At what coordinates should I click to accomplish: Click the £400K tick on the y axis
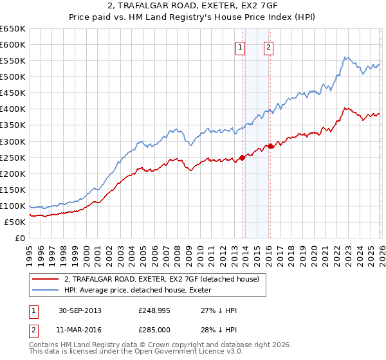coord(13,109)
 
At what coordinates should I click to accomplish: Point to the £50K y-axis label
coord(15,222)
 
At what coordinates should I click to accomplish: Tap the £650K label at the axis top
coord(13,29)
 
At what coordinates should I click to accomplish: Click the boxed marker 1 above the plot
coord(240,46)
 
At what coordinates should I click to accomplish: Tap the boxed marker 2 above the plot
coord(268,46)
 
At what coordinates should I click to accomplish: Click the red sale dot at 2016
coord(270,146)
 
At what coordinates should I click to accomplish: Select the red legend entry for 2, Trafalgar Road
coord(161,278)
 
